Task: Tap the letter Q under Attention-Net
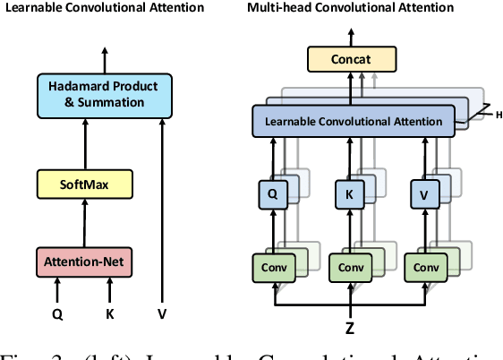[x=56, y=314]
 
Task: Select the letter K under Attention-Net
[x=110, y=314]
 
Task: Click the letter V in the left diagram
[x=161, y=314]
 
